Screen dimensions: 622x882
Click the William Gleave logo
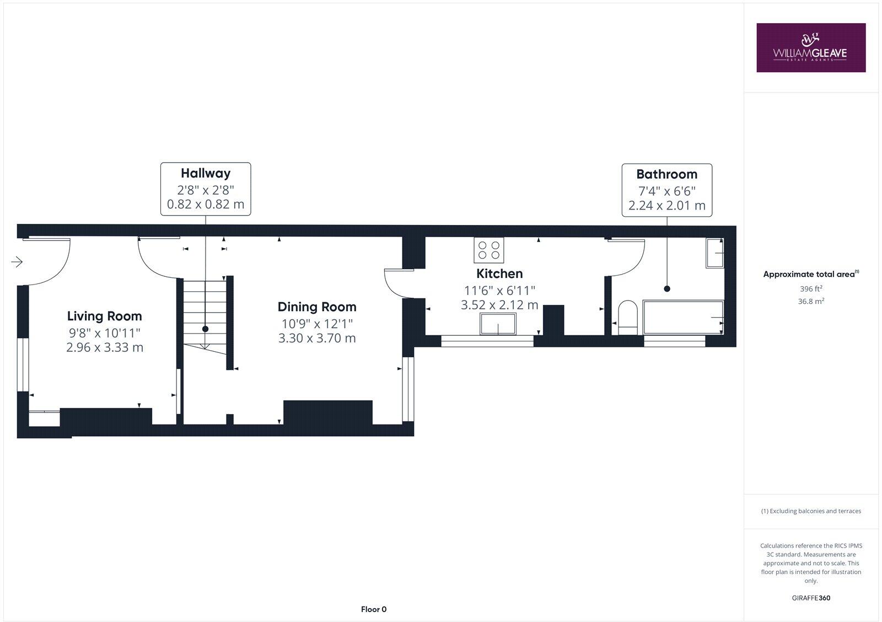tap(810, 47)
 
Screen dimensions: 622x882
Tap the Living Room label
tap(104, 316)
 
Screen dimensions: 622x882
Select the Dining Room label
tap(317, 307)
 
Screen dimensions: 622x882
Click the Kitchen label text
tap(499, 274)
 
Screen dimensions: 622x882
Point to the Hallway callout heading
tap(206, 173)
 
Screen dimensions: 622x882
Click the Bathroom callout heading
tap(666, 174)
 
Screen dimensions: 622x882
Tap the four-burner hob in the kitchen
tap(488, 250)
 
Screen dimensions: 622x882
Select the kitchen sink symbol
tap(498, 324)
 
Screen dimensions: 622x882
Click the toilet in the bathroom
tap(627, 318)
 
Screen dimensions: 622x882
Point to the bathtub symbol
tap(684, 318)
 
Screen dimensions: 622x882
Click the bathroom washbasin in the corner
tap(715, 253)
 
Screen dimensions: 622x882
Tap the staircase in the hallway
tap(205, 314)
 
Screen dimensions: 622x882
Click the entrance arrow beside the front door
tap(17, 262)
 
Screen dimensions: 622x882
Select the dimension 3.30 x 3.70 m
tap(317, 338)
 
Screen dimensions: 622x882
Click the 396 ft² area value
tap(810, 289)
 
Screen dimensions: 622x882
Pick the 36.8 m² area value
tap(810, 301)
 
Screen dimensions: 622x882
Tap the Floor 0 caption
tap(374, 609)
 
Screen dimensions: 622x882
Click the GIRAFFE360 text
tap(810, 598)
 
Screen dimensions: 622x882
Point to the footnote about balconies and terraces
tap(810, 511)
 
